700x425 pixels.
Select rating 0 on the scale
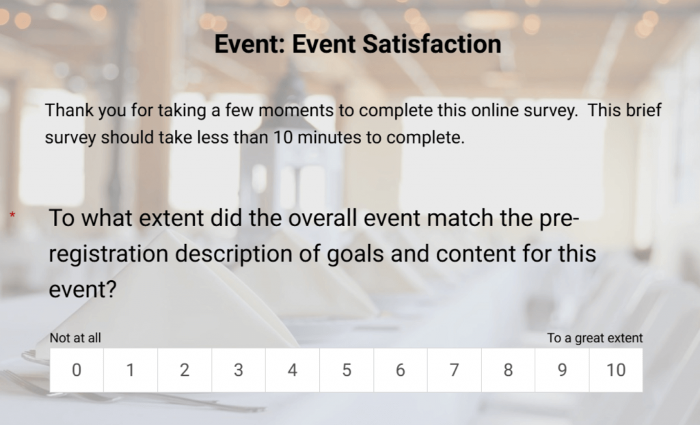(x=77, y=370)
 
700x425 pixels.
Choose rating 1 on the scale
(x=131, y=370)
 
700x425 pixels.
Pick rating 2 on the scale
(x=185, y=370)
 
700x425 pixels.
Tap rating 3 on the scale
(x=239, y=370)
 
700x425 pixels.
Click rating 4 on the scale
(x=293, y=370)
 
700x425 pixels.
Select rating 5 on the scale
(x=347, y=370)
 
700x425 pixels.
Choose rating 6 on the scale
(x=401, y=370)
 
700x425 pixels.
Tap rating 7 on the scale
(x=455, y=370)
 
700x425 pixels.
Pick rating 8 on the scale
(x=508, y=370)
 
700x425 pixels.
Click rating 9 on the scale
(x=562, y=370)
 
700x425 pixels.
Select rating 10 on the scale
(x=616, y=370)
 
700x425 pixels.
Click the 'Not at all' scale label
(x=75, y=338)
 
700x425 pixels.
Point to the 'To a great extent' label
(x=595, y=338)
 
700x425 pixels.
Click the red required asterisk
(x=12, y=216)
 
